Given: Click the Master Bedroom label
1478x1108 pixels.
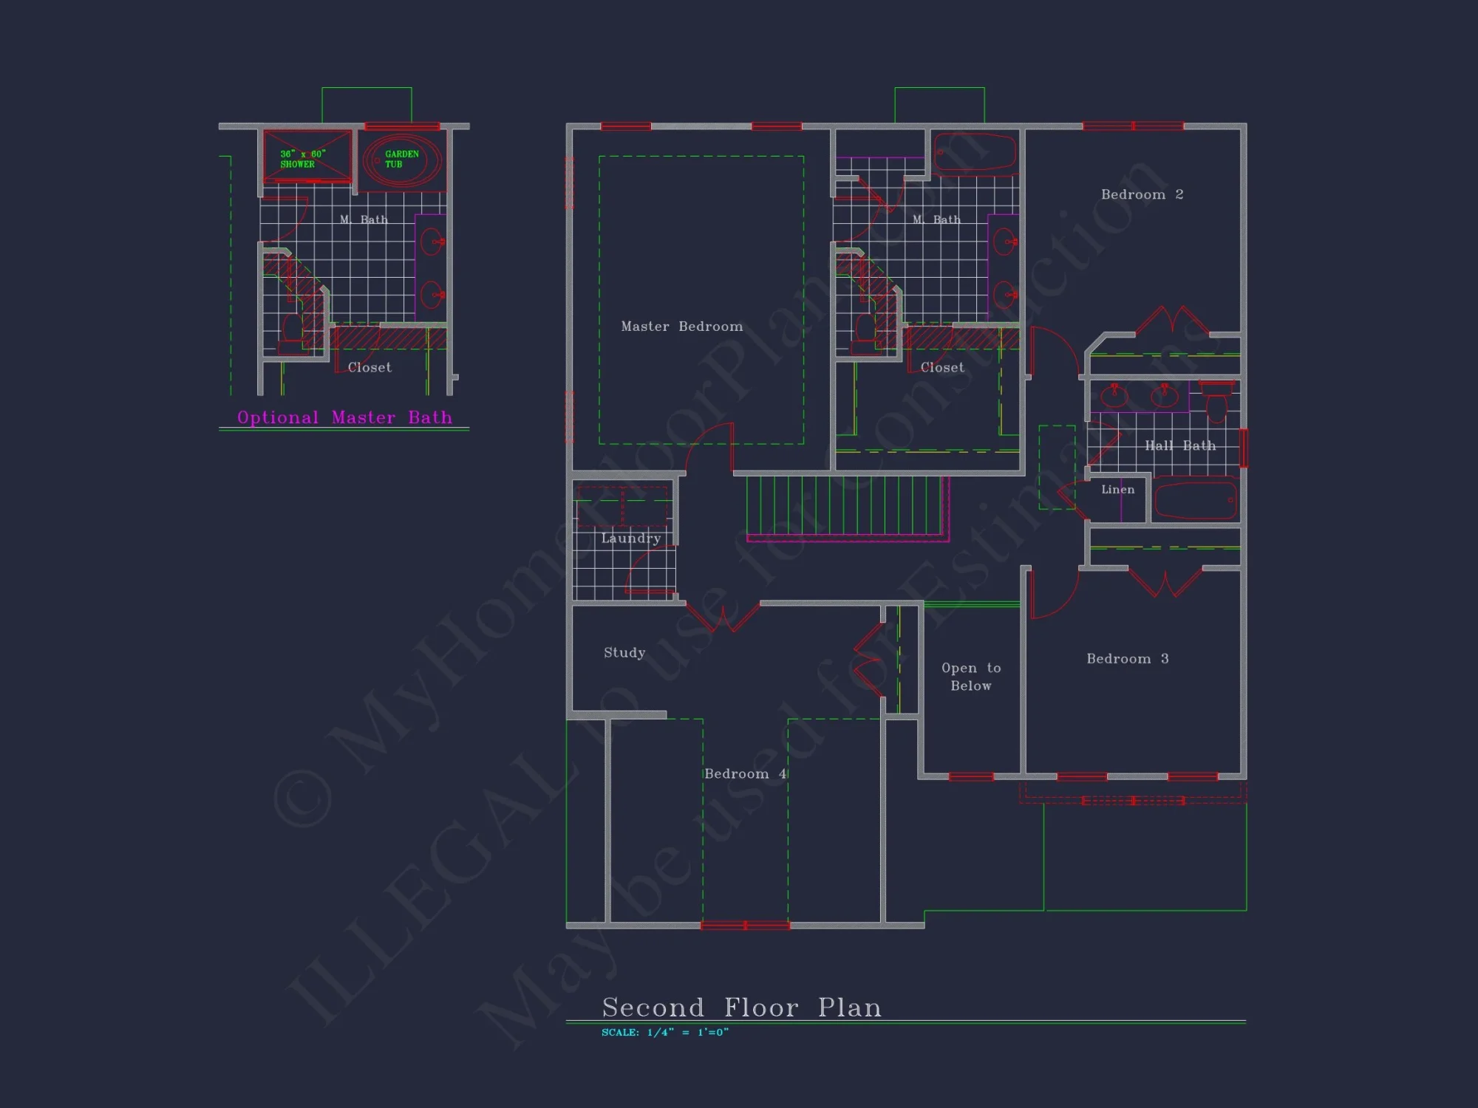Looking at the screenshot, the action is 681,326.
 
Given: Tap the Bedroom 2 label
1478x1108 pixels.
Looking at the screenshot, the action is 1142,194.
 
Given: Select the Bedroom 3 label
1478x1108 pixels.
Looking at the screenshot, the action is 1127,659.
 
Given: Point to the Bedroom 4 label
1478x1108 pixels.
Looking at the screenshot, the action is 745,774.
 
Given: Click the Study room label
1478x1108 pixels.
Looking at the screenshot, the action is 624,652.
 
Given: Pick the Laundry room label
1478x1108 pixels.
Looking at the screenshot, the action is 630,538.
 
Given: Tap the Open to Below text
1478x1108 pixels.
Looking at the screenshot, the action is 971,677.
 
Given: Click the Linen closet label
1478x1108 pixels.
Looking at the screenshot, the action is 1117,490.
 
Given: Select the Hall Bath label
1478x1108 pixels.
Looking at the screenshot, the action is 1179,445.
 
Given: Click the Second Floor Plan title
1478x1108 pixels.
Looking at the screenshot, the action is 741,1008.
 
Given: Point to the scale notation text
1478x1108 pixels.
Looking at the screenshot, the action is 664,1033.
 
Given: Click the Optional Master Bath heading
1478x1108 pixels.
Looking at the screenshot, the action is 344,417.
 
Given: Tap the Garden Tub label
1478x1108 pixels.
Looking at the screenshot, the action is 401,159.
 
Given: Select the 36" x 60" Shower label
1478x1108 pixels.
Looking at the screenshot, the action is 302,159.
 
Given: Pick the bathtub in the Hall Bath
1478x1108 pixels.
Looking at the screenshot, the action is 1194,499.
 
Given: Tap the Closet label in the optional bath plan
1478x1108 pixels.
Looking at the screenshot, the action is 369,367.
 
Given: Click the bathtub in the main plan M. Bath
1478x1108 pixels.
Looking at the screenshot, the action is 974,153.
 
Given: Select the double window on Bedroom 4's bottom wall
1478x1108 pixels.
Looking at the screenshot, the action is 745,926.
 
